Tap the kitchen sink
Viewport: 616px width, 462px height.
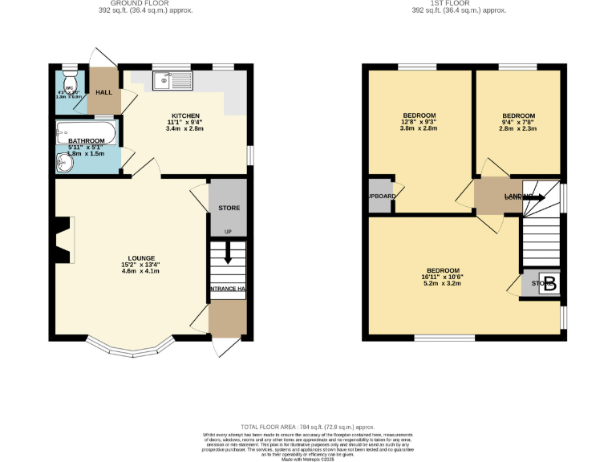(173, 79)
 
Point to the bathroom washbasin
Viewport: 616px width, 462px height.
(65, 163)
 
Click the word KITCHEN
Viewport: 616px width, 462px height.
(184, 115)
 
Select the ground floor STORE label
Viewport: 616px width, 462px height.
(229, 209)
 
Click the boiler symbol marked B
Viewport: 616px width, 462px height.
(549, 284)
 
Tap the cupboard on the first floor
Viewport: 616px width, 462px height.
(381, 197)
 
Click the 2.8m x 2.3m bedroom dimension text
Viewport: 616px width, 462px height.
(517, 128)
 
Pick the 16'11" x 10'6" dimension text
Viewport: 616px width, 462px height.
(444, 277)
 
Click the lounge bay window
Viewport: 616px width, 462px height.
(131, 348)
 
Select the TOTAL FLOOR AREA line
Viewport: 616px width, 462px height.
(308, 428)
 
